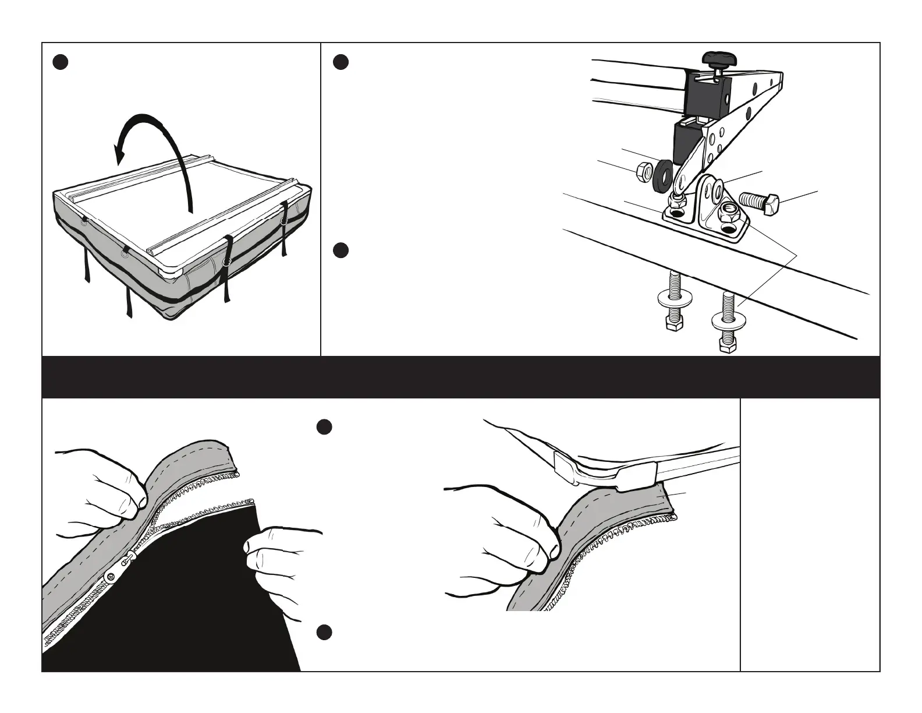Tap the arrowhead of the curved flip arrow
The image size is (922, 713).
point(121,153)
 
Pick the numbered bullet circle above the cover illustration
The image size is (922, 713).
point(61,62)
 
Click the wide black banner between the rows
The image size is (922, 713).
point(460,377)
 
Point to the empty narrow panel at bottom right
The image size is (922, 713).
point(810,535)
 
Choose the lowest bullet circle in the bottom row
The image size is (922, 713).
point(324,633)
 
